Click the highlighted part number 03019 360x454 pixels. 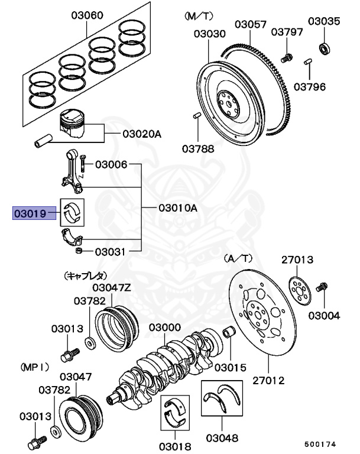coord(30,213)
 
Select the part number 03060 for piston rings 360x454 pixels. coord(87,15)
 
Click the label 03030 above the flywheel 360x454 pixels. coord(210,34)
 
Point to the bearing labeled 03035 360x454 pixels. coord(325,48)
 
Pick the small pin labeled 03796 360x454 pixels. coord(308,62)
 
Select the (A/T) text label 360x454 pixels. coord(238,258)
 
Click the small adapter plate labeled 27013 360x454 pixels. coord(300,291)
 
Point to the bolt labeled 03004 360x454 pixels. coord(322,287)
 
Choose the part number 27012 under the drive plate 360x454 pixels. coord(268,380)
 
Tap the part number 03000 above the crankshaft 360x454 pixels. coord(165,327)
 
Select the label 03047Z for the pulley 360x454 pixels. coord(112,287)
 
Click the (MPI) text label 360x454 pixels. coord(35,367)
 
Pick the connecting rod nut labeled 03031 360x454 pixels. coord(78,251)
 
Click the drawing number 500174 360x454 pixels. coord(320,444)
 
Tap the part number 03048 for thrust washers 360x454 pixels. coord(222,438)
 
